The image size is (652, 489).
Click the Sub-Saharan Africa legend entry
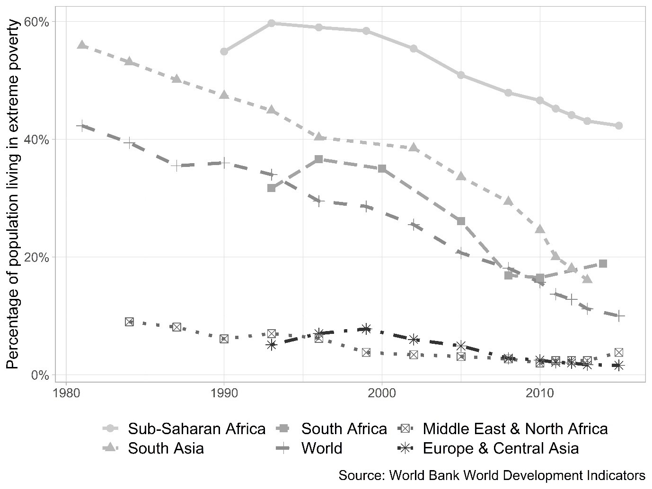[x=196, y=429]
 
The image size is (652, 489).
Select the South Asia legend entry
[x=166, y=448]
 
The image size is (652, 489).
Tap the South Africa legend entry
[x=344, y=429]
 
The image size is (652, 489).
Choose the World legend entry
[x=321, y=448]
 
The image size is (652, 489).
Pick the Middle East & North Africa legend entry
[x=515, y=429]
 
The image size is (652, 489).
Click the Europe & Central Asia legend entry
[x=501, y=448]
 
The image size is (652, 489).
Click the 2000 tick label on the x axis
[x=382, y=393]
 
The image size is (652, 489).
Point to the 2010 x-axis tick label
[x=539, y=393]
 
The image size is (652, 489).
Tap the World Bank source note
[x=492, y=475]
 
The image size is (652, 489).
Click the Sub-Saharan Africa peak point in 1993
[x=272, y=23]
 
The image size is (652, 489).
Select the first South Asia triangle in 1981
[x=82, y=45]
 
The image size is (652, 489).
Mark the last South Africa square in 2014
[x=603, y=263]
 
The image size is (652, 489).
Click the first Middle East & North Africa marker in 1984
[x=129, y=322]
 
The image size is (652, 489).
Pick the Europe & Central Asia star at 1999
[x=366, y=329]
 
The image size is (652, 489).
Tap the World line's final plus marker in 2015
[x=618, y=315]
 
